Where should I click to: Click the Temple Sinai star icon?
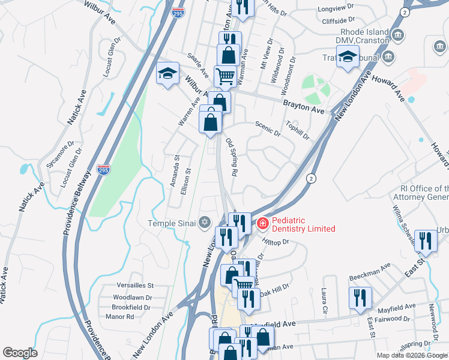205,223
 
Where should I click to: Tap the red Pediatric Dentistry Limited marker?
262,224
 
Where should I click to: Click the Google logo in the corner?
20,353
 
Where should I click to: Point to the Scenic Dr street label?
268,129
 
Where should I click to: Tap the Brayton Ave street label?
304,107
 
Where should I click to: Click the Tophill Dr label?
297,131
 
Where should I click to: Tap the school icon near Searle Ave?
168,74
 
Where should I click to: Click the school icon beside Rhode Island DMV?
348,57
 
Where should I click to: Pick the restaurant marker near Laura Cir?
360,298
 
